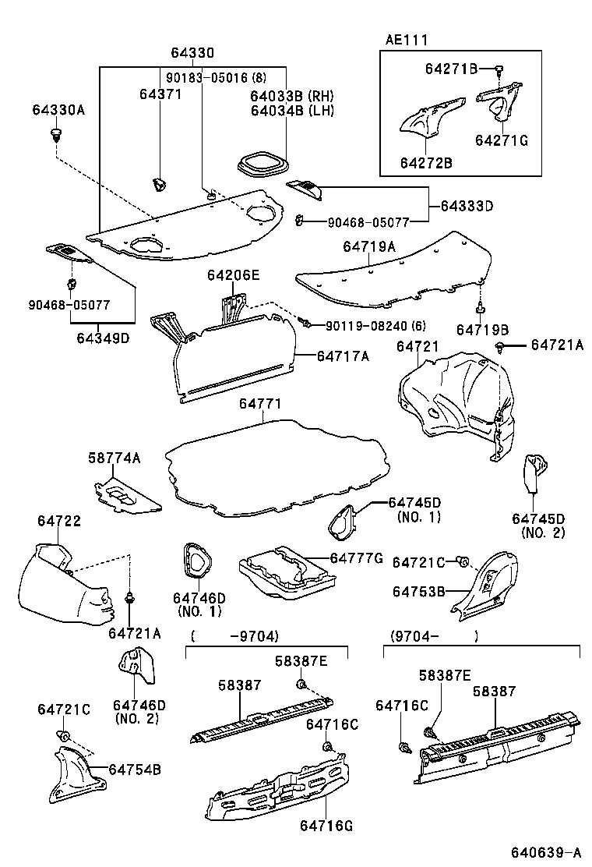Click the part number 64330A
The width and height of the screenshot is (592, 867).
tap(58, 110)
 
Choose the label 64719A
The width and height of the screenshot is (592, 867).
tap(369, 246)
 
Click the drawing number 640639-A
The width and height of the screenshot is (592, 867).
tap(545, 851)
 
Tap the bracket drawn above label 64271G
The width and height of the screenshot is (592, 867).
tap(499, 102)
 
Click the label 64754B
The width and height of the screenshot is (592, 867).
tap(135, 770)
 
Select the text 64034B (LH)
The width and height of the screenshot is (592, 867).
tap(291, 110)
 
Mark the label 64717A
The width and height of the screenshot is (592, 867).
tap(343, 356)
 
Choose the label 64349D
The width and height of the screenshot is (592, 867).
tap(103, 338)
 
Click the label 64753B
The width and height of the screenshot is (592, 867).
tap(418, 592)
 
